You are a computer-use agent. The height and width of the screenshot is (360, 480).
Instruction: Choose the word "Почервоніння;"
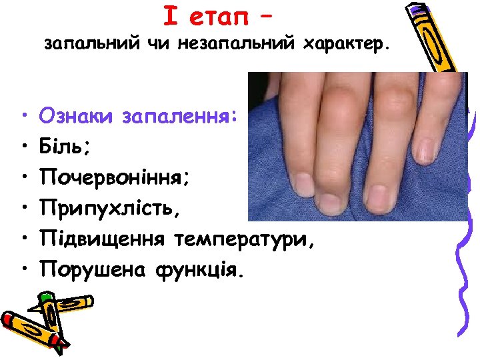point(116,177)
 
